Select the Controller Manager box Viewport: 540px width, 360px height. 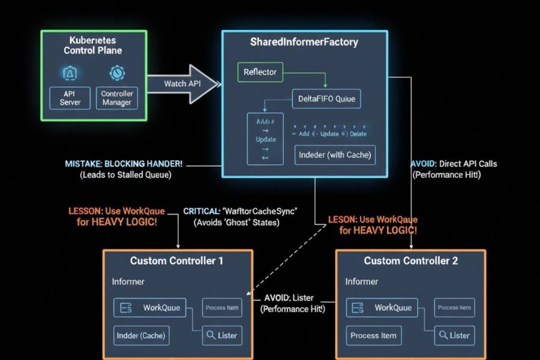click(117, 98)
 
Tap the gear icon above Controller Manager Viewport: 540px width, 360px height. click(116, 73)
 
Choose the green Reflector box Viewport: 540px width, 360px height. click(260, 72)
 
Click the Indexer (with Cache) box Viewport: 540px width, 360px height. click(335, 154)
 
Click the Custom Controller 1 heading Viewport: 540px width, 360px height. click(177, 261)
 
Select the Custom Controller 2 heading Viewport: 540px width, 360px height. click(411, 261)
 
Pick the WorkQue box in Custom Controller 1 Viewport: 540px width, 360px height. click(150, 308)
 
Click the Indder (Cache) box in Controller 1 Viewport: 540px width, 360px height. click(142, 335)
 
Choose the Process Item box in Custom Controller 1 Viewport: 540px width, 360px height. click(222, 308)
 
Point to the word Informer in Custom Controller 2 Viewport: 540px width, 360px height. click(362, 281)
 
